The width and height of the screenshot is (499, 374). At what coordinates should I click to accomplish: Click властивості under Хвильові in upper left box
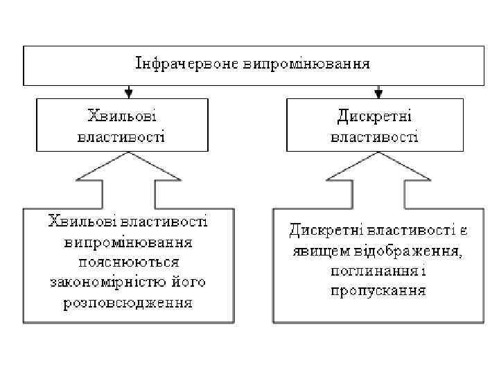point(121,136)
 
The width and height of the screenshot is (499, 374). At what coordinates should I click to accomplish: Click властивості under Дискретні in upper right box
point(374,136)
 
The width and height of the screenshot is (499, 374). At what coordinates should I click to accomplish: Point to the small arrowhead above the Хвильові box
point(128,92)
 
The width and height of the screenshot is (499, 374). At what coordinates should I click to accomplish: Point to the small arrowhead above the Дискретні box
point(378,92)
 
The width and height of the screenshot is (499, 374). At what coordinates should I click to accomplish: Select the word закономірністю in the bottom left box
point(105,283)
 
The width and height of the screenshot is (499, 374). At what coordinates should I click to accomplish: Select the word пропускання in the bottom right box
point(378,290)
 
